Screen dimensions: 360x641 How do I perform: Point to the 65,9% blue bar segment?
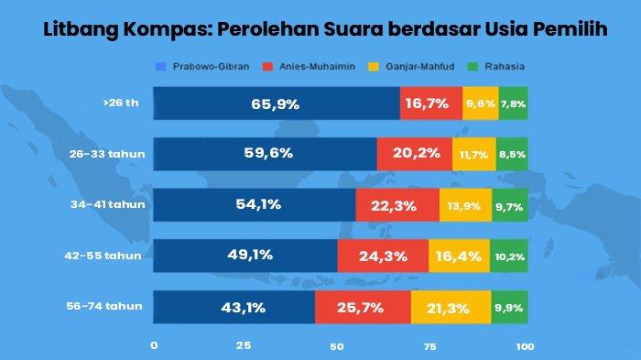(x=276, y=104)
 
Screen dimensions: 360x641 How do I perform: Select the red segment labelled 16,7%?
(x=431, y=104)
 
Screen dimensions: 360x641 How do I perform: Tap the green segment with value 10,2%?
(x=509, y=256)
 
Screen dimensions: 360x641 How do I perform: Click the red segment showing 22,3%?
(x=397, y=206)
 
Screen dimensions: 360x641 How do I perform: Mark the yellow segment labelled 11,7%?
(x=473, y=155)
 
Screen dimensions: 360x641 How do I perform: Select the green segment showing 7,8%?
(x=513, y=104)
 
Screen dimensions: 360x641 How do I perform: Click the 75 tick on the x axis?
(x=429, y=346)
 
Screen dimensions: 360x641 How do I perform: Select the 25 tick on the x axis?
(x=244, y=346)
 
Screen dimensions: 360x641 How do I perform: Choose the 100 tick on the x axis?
(x=524, y=346)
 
